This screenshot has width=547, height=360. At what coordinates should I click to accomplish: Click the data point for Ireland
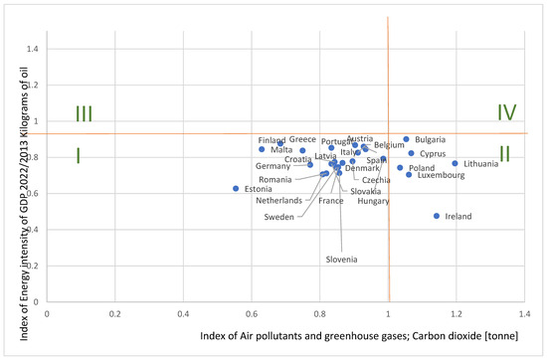tap(437, 216)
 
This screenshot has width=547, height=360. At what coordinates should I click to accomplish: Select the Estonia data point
tap(236, 188)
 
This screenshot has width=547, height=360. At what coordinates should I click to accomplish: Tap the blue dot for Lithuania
tap(455, 164)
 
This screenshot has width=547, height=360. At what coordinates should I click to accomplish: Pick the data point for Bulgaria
tap(406, 139)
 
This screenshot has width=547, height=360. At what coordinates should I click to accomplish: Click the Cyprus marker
tap(411, 153)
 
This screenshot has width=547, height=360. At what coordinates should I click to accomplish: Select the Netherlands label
tap(277, 200)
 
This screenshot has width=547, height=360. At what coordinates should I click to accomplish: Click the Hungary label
tap(373, 201)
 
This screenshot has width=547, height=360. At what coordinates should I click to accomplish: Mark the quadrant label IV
tap(506, 112)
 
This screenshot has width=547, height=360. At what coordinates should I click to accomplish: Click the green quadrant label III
tap(84, 113)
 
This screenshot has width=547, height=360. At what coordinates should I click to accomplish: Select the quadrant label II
tap(505, 153)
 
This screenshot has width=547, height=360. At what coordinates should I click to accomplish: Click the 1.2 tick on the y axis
tap(33, 85)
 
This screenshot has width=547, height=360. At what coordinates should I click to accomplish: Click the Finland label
tap(272, 140)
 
